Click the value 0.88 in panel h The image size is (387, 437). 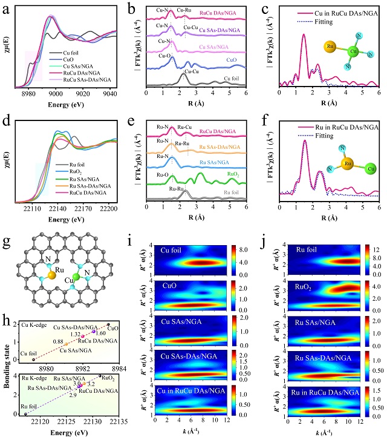[x=57, y=342]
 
